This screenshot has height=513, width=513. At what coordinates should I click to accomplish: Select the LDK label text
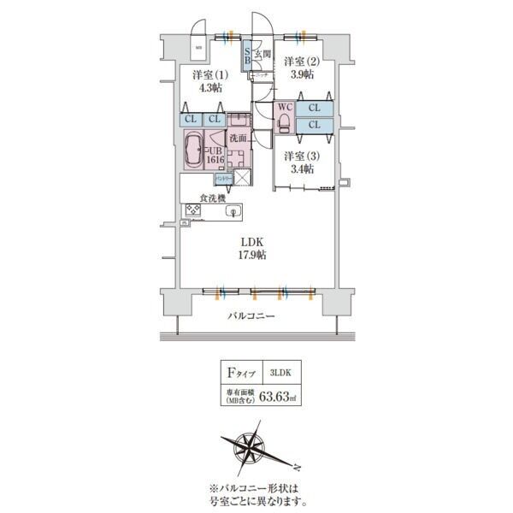[x=251, y=239]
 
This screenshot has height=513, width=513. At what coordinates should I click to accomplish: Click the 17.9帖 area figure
[x=251, y=254]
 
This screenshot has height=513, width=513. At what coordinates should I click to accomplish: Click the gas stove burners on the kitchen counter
[x=192, y=209]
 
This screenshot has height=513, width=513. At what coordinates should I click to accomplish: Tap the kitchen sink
[x=231, y=211]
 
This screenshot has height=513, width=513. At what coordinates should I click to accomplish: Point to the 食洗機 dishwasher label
[x=212, y=198]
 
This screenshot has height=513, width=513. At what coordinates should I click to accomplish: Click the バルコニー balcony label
[x=251, y=316]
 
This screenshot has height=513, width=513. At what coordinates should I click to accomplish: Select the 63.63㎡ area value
[x=279, y=397]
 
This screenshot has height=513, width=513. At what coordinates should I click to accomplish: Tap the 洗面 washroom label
[x=238, y=138]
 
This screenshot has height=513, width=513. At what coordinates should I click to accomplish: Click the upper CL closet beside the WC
[x=314, y=109]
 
